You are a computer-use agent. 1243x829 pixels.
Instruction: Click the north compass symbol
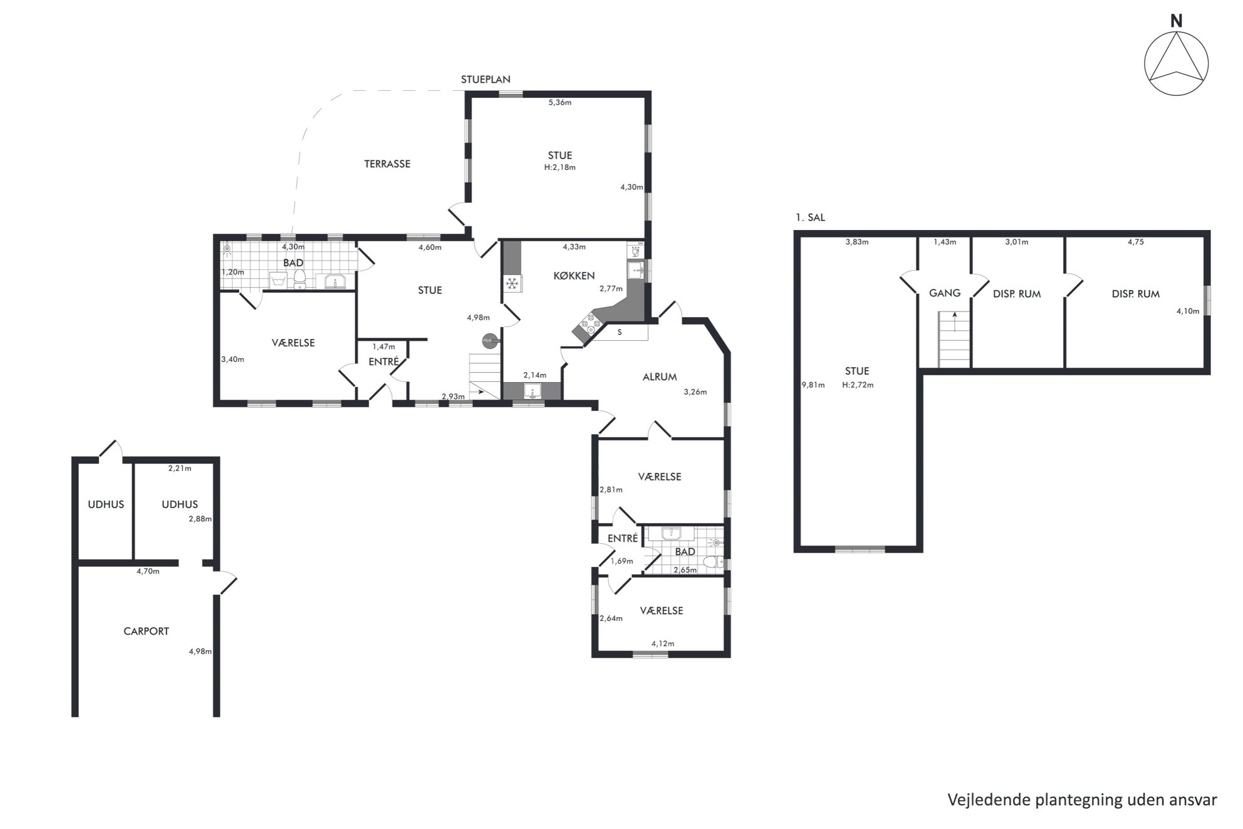[x=1176, y=63]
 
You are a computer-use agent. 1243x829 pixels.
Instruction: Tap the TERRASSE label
[x=387, y=164]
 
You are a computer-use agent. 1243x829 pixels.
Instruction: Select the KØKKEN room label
[x=574, y=276]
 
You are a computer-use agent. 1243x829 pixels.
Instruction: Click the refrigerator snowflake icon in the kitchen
[x=512, y=284]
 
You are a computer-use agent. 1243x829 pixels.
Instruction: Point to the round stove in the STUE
[x=489, y=341]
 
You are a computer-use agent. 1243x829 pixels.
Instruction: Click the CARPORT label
[x=146, y=631]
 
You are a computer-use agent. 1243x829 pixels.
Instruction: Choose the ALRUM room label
[x=660, y=377]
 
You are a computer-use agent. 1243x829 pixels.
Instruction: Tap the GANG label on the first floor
[x=945, y=293]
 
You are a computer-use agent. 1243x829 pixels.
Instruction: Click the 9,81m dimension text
[x=813, y=385]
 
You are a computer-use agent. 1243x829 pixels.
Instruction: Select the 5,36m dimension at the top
[x=559, y=102]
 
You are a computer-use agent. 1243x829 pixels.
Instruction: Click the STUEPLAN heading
[x=486, y=80]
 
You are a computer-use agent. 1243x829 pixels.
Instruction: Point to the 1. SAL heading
[x=810, y=218]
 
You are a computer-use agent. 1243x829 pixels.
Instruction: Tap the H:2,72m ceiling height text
[x=858, y=385]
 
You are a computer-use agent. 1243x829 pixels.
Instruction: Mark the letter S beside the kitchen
[x=620, y=332]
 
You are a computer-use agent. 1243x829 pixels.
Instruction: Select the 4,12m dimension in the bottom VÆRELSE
[x=662, y=644]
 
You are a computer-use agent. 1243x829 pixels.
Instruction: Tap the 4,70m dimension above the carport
[x=148, y=571]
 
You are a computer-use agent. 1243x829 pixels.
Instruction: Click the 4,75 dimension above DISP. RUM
[x=1135, y=242]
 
